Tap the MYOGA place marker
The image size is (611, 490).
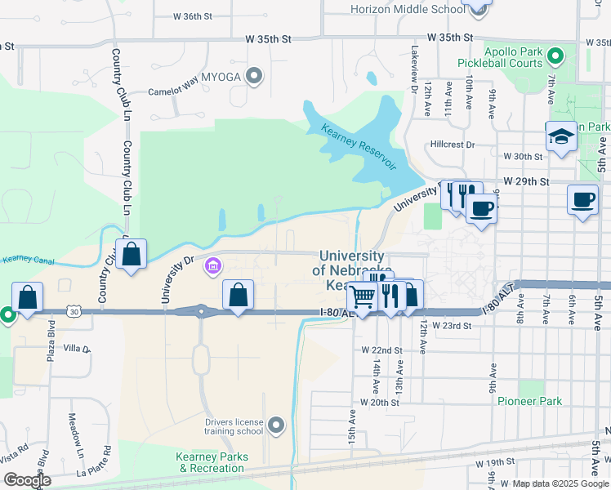(253, 77)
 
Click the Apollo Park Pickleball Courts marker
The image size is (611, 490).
(555, 56)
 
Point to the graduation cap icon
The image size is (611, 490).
(561, 136)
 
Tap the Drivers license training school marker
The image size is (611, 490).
(276, 425)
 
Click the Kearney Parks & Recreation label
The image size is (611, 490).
(210, 462)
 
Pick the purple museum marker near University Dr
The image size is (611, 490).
(214, 265)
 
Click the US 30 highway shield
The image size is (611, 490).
(74, 310)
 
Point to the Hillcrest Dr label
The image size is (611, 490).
(453, 145)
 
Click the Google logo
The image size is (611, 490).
(27, 480)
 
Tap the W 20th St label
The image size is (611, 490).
(380, 403)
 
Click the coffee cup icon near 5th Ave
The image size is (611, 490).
(583, 200)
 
